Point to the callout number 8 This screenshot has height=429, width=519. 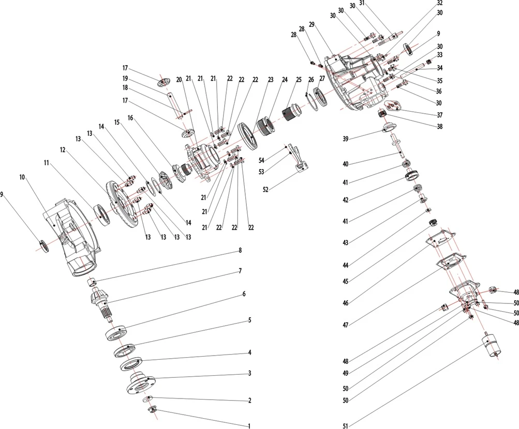tap(240, 251)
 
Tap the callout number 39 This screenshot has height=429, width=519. tap(345, 139)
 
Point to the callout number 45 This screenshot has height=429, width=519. tap(346, 281)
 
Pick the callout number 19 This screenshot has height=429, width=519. tap(125, 78)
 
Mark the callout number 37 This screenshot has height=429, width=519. tap(439, 114)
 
